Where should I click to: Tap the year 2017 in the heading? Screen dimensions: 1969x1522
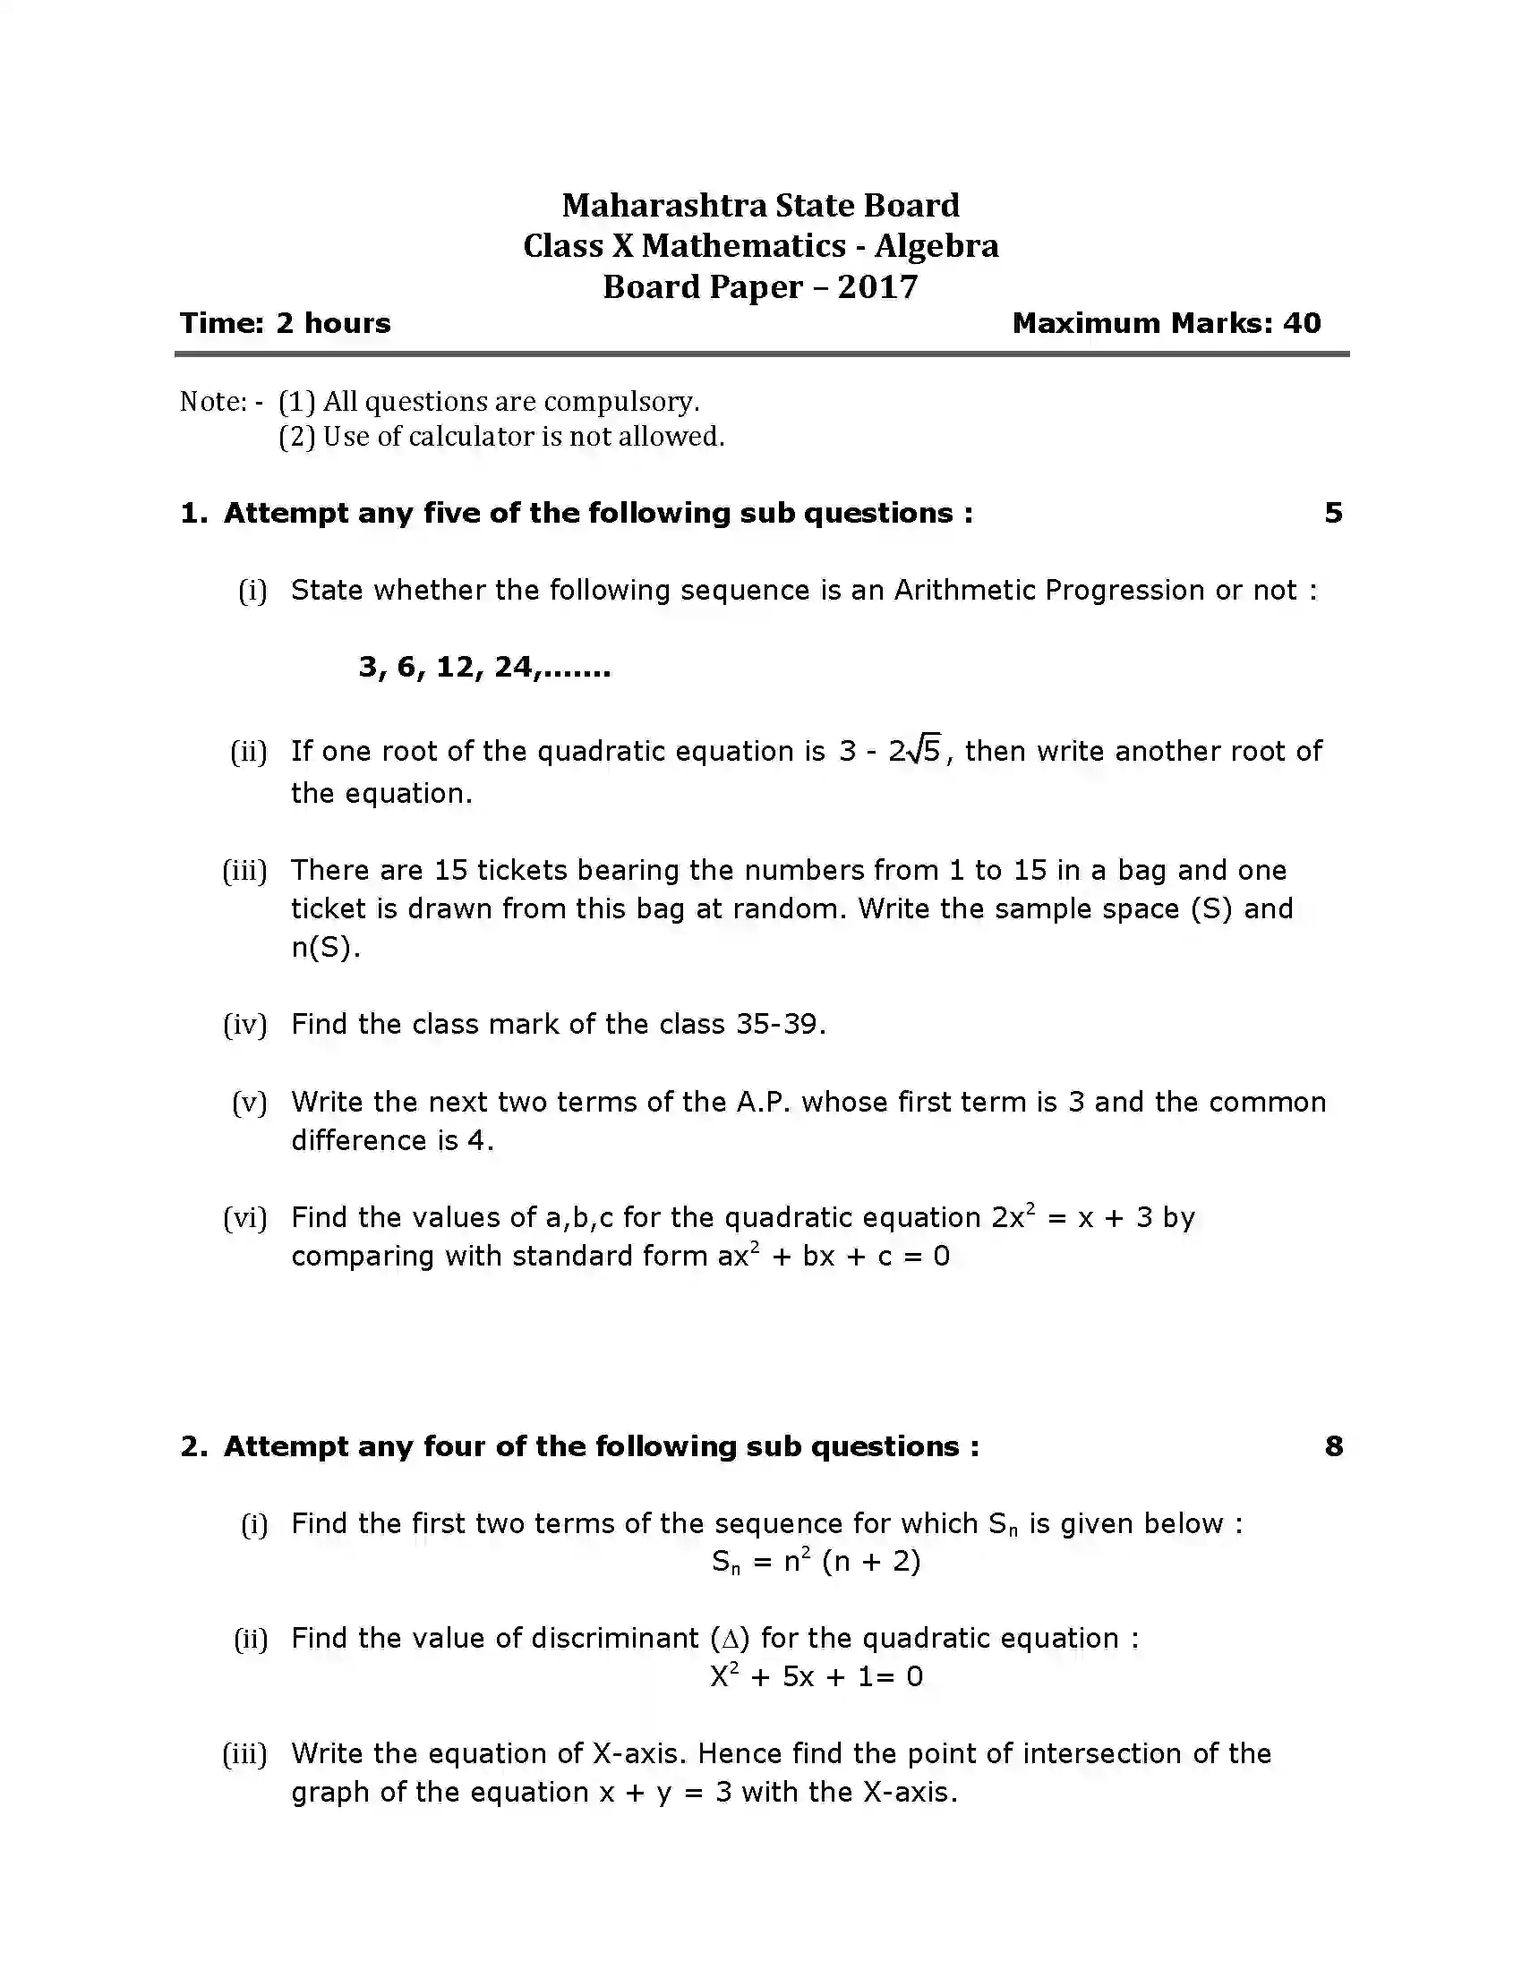pos(877,286)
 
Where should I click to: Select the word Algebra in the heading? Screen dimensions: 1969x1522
pos(936,246)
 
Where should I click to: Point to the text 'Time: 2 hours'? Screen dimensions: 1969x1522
pos(285,323)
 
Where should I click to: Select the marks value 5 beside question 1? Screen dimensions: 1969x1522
pos(1334,513)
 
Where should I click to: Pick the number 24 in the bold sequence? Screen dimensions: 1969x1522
pos(513,667)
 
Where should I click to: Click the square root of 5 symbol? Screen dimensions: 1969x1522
pos(924,750)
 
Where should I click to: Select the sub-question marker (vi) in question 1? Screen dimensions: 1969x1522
pos(245,1218)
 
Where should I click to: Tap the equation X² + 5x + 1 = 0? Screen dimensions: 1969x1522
pos(816,1676)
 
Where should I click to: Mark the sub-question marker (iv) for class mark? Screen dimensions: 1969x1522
pos(245,1024)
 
